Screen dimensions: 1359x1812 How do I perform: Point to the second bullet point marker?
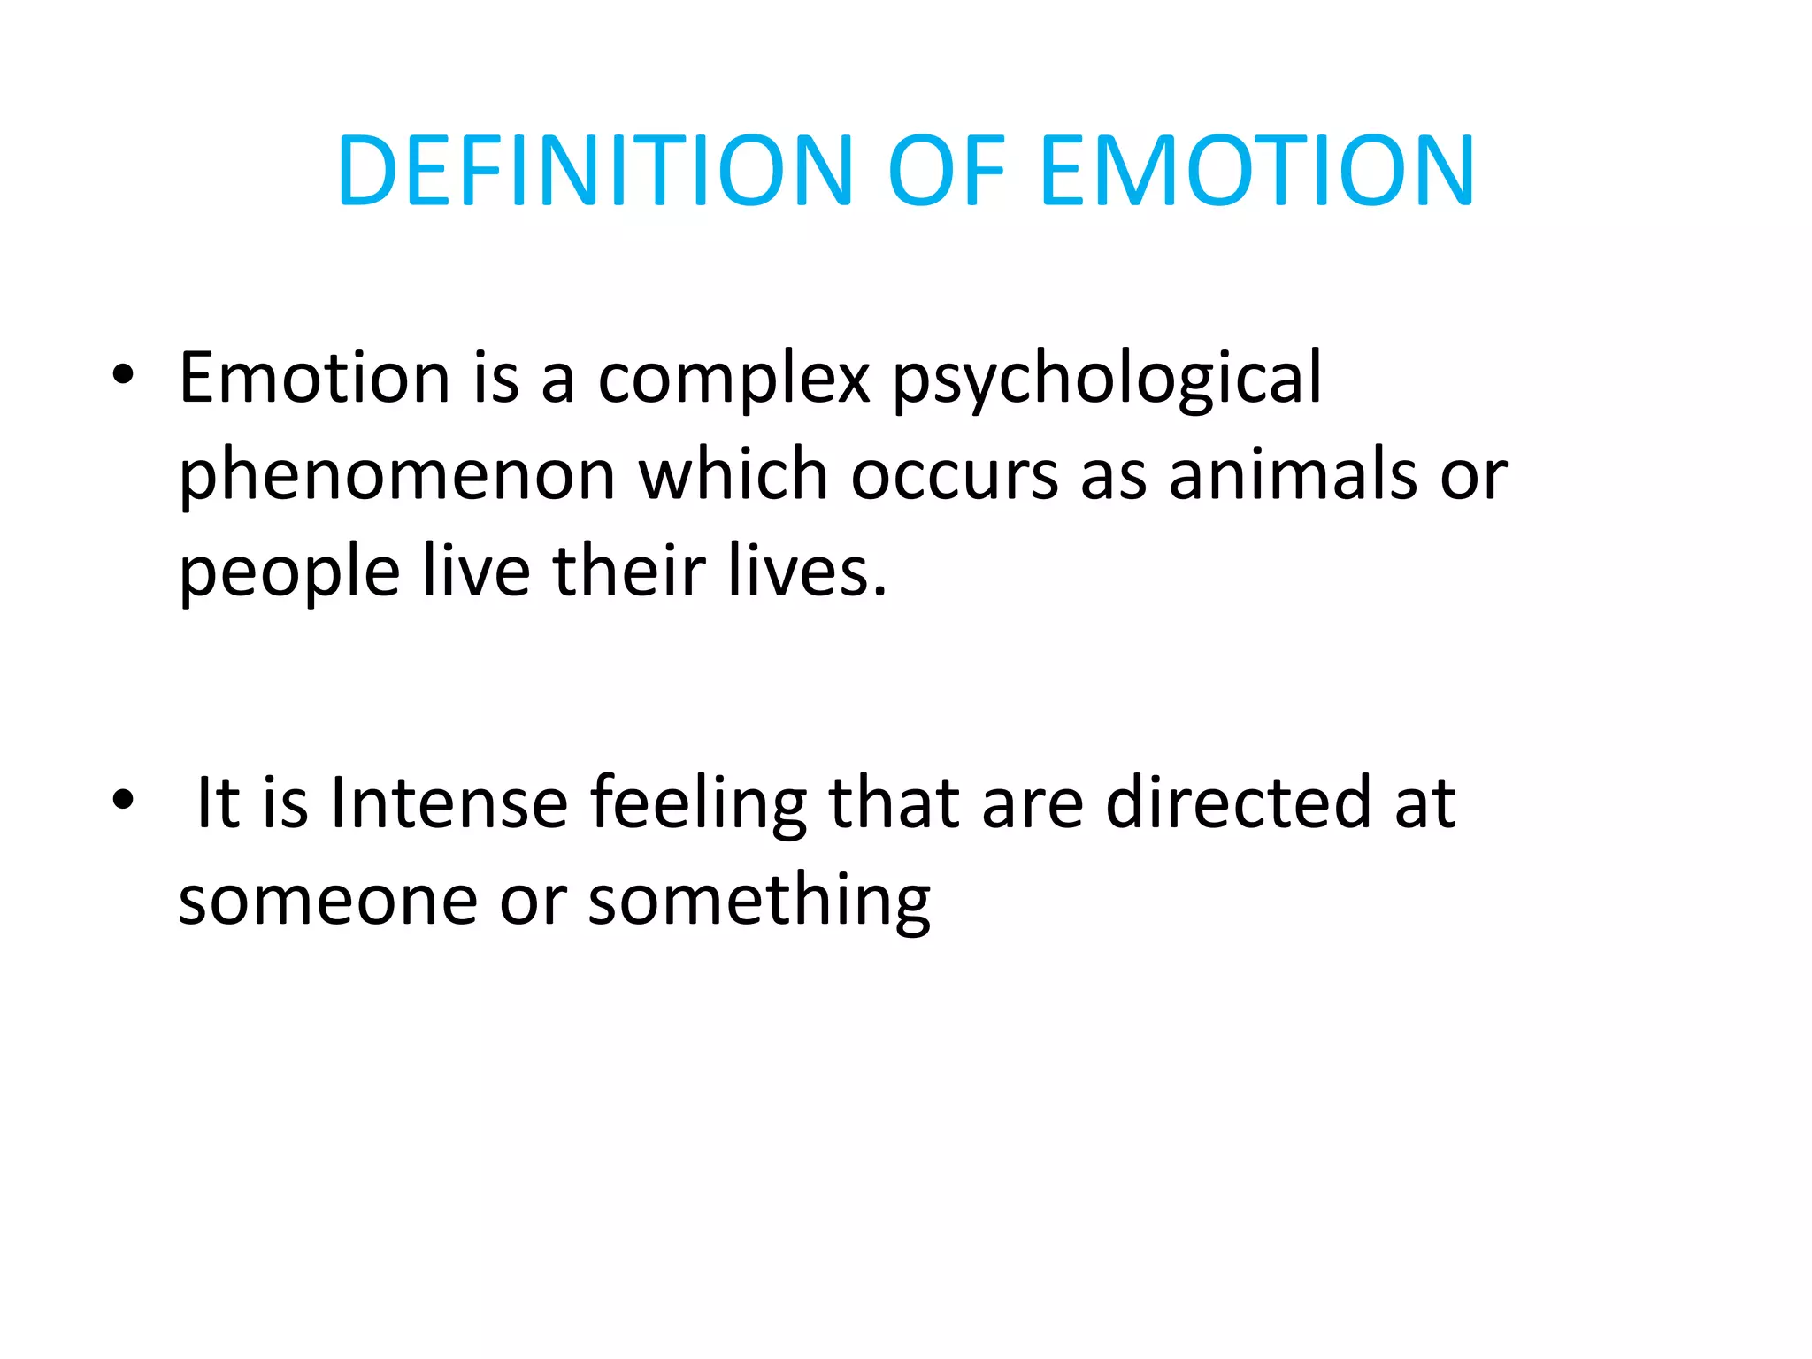(123, 800)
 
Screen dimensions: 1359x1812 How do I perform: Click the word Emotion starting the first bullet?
(314, 378)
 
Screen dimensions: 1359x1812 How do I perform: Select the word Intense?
(449, 803)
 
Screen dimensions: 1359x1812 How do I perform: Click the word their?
(629, 572)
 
